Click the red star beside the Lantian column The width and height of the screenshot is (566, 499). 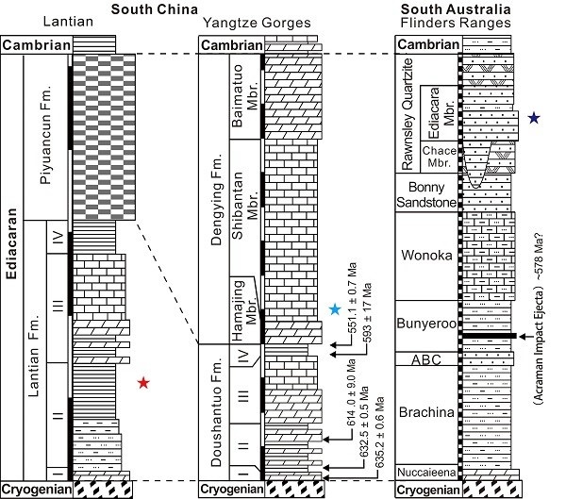coord(143,383)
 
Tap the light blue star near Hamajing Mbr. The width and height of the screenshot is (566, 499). coord(335,309)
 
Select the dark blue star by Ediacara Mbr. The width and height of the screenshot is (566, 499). coord(534,118)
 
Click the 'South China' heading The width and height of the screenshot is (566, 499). coord(155,9)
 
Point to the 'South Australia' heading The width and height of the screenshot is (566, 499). coord(456,9)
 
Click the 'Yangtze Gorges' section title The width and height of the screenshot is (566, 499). coord(257,23)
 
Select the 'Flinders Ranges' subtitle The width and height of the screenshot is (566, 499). coord(456,23)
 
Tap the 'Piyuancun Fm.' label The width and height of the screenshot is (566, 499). coord(45,135)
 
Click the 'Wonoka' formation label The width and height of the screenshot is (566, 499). coord(426,256)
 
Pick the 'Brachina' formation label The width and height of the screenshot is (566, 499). coord(426,412)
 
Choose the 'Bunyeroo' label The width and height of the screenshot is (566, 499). coord(426,324)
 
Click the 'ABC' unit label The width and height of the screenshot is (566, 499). coord(426,359)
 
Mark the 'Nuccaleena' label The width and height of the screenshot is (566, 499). coord(426,473)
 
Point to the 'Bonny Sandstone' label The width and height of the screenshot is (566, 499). coord(426,194)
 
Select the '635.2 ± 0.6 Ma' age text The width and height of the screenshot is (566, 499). coord(380,432)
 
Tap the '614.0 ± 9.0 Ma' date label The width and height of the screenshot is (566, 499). coord(351,392)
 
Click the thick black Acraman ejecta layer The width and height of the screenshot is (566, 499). coord(490,336)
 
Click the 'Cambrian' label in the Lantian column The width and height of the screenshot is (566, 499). coord(37,45)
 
